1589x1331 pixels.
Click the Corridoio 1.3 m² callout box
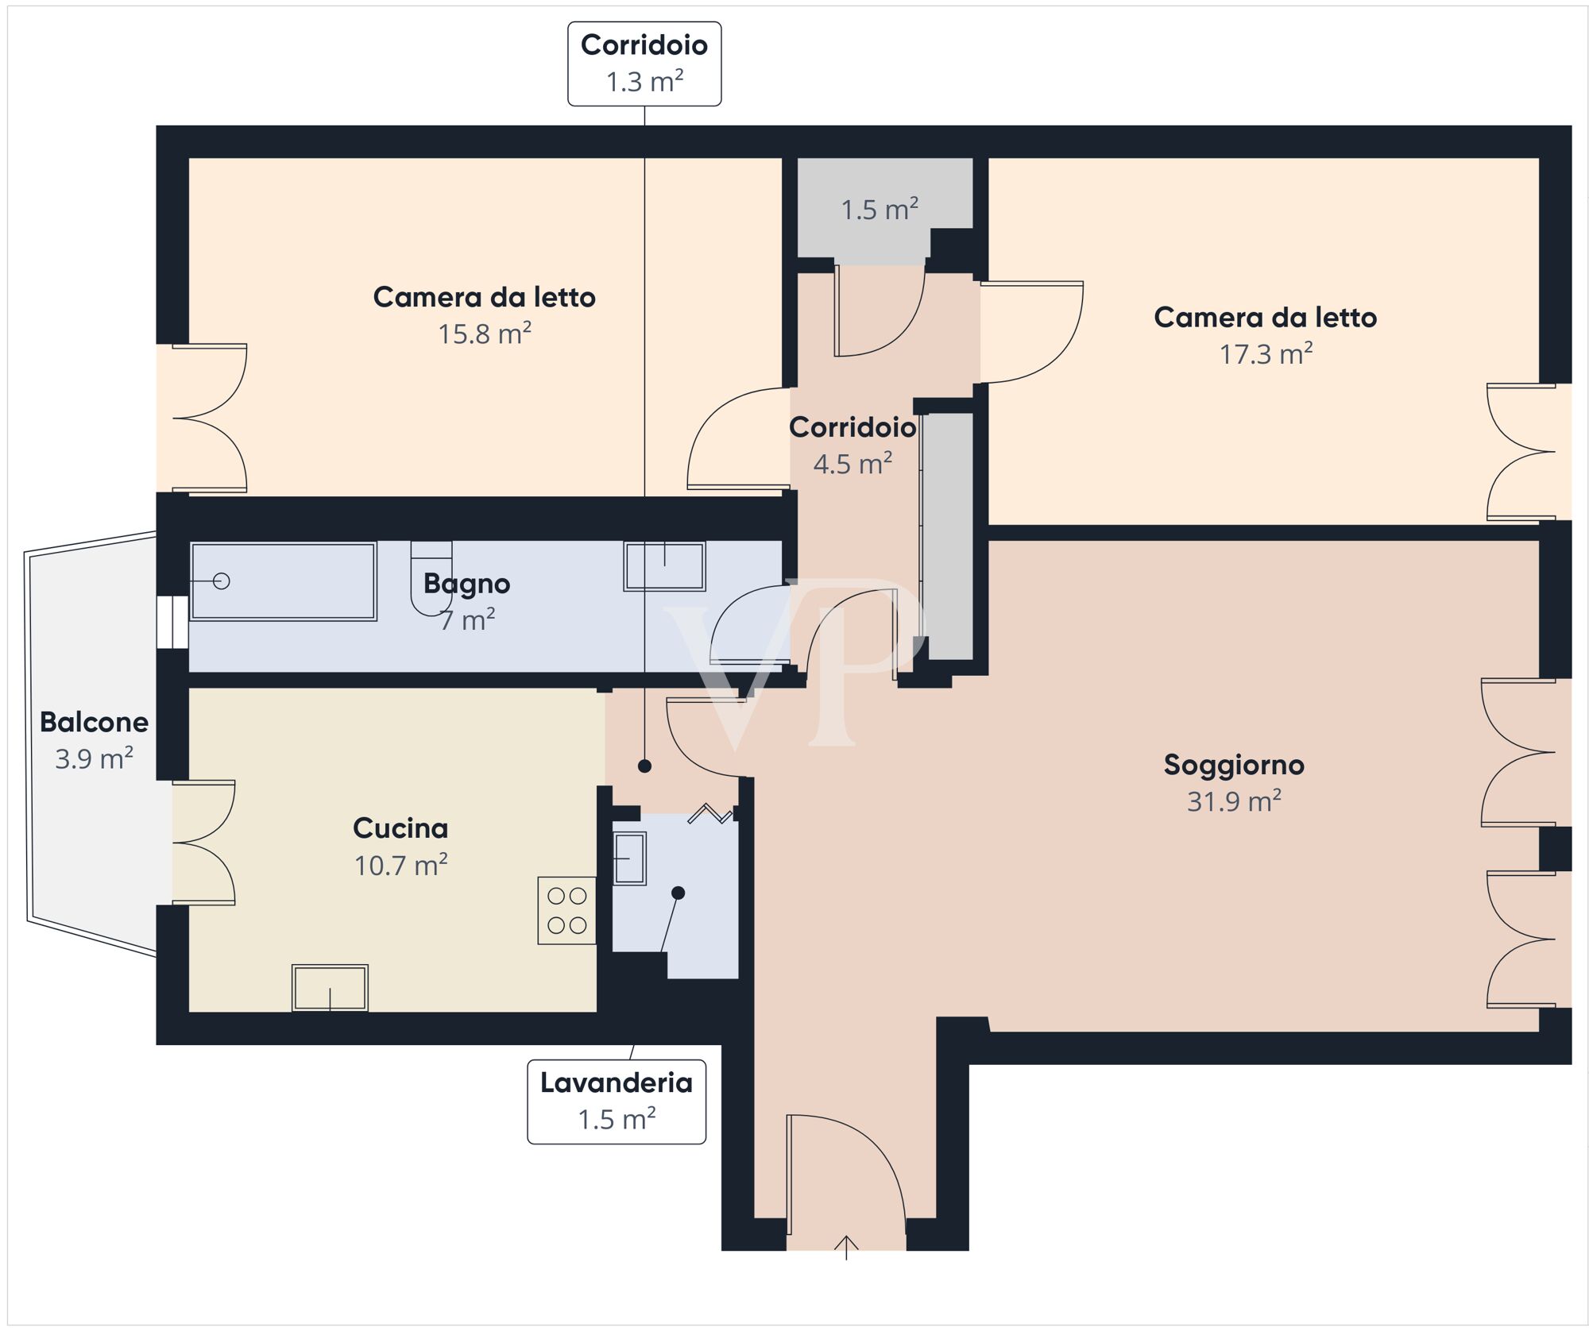coord(644,64)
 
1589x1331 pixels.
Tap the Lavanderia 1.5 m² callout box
coord(616,1101)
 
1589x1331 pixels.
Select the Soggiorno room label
coord(1233,765)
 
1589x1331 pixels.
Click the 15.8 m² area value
coord(485,334)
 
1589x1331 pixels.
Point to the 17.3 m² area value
coord(1266,354)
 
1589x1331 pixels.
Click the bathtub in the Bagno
coord(284,581)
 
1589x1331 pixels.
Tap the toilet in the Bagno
coord(431,578)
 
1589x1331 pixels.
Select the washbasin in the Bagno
coord(664,566)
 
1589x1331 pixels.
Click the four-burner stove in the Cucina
coord(566,910)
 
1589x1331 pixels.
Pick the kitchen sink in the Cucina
coord(330,987)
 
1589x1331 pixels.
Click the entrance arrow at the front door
coord(846,1247)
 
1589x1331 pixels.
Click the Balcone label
coord(94,722)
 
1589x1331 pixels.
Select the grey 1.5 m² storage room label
coord(880,210)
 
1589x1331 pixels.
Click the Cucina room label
coord(400,828)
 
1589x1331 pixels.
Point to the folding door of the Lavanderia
coord(710,814)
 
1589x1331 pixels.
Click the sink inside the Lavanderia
coord(629,858)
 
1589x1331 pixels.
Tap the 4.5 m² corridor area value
coord(852,464)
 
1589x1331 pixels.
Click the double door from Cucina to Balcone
coord(203,843)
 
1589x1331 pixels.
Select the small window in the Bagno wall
coord(172,622)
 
